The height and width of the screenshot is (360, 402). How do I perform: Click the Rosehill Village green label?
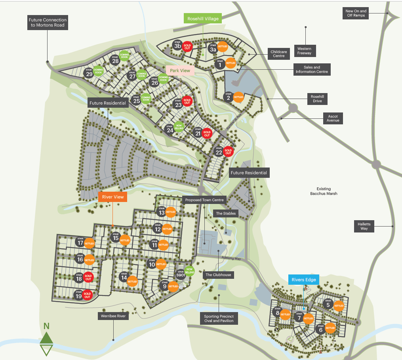(x=203, y=18)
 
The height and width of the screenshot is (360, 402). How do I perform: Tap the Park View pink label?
(x=180, y=70)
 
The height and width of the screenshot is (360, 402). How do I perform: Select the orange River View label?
(x=113, y=197)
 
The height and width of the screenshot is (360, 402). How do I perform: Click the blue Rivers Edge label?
(x=304, y=280)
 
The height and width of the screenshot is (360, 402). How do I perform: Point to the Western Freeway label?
(x=304, y=51)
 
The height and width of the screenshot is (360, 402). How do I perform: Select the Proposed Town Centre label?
(x=205, y=200)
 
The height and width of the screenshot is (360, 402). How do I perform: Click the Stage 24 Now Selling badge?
(x=179, y=126)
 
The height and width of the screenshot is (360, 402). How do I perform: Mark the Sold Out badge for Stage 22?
(x=228, y=151)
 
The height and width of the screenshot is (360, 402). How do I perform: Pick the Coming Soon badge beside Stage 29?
(x=98, y=71)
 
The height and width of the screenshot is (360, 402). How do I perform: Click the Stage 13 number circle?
(x=161, y=213)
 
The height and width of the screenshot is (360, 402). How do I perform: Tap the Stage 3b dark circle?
(x=177, y=46)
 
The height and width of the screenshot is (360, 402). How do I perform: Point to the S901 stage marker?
(x=181, y=275)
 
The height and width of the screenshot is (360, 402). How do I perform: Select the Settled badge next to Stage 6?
(x=330, y=328)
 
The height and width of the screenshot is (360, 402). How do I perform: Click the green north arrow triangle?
(x=46, y=337)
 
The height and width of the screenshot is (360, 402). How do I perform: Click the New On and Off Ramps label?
(x=356, y=13)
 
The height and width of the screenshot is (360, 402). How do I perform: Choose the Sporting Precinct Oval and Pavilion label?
(x=219, y=318)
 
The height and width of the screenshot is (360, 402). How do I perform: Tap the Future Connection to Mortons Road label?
(x=48, y=23)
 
